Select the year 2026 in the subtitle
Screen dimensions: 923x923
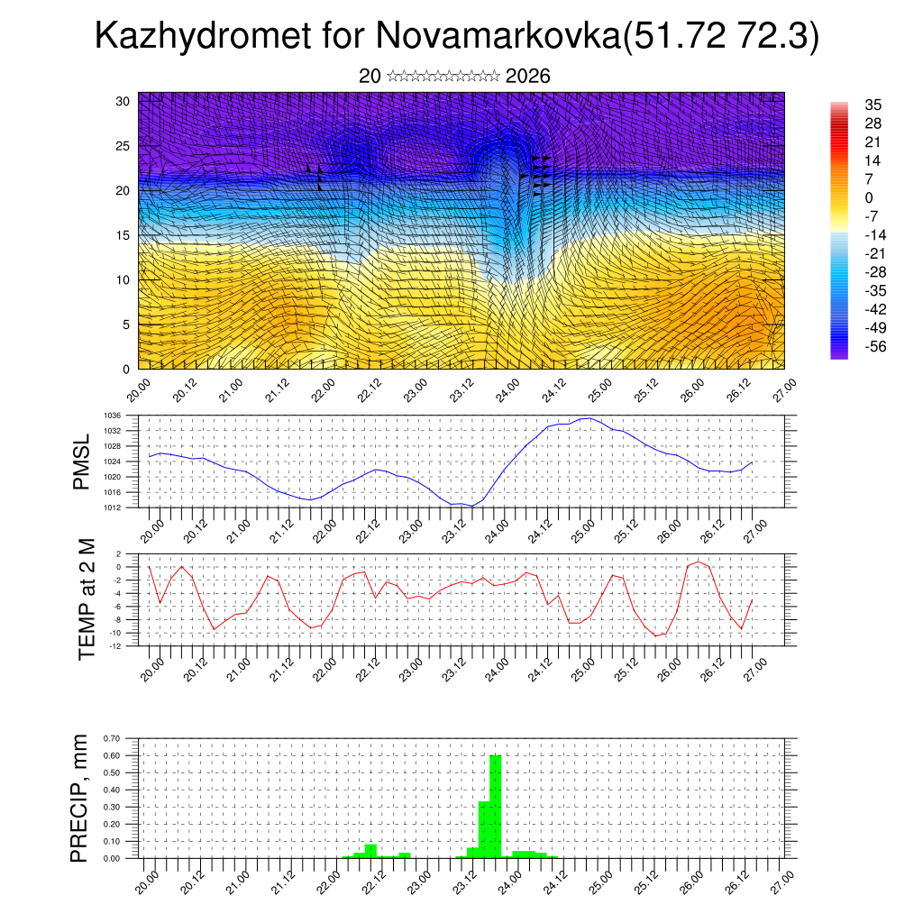pos(528,77)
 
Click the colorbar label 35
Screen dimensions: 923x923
pos(873,105)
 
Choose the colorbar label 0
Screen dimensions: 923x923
pos(869,198)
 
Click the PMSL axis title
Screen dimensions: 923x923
pos(82,461)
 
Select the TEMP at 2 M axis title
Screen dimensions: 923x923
pos(87,599)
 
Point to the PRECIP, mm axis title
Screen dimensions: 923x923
pos(80,798)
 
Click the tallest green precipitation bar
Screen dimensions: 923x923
pos(495,807)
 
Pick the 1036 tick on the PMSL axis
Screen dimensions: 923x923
pos(113,416)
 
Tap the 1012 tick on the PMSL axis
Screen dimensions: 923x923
pos(113,507)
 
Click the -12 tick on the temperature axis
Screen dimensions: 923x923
pos(116,646)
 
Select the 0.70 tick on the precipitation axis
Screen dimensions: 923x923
pos(111,738)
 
